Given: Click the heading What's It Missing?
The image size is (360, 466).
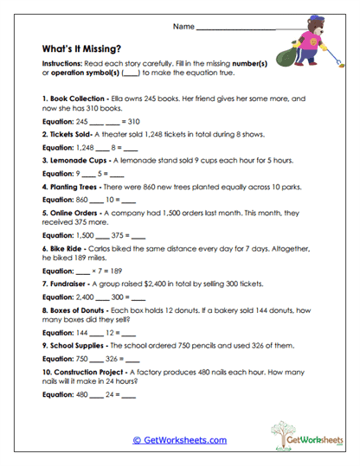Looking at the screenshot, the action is (83, 49).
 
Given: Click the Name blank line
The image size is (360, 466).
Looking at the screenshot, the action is (235, 29).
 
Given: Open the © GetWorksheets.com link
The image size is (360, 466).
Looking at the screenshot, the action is (180, 440).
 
